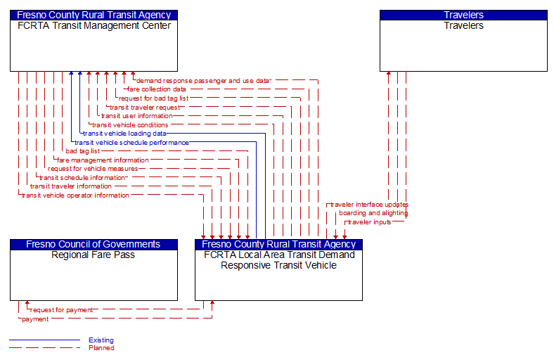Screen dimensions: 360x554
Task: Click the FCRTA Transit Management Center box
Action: [94, 46]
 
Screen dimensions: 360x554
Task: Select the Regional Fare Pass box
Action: [94, 274]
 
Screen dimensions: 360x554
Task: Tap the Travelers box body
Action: [463, 46]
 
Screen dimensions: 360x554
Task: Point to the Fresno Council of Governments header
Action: [94, 244]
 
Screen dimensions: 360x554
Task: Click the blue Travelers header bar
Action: [463, 15]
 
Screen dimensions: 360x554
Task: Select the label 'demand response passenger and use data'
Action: [202, 81]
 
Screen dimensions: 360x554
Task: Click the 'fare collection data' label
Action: [156, 89]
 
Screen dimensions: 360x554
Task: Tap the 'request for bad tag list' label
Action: [153, 98]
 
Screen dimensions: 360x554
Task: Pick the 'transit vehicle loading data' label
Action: [124, 134]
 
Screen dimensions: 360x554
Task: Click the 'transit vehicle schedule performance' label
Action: [131, 143]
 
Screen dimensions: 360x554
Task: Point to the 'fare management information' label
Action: [103, 160]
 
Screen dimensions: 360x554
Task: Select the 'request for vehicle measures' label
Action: [93, 169]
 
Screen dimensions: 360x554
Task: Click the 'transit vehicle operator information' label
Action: [75, 195]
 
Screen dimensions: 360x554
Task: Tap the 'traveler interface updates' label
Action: [369, 205]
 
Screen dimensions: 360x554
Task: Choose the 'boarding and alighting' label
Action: [373, 213]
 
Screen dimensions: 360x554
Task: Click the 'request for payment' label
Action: [61, 309]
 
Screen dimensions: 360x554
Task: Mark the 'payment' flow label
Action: [35, 319]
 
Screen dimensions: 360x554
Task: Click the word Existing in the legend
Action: [101, 340]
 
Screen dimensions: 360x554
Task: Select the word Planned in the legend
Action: [101, 348]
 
